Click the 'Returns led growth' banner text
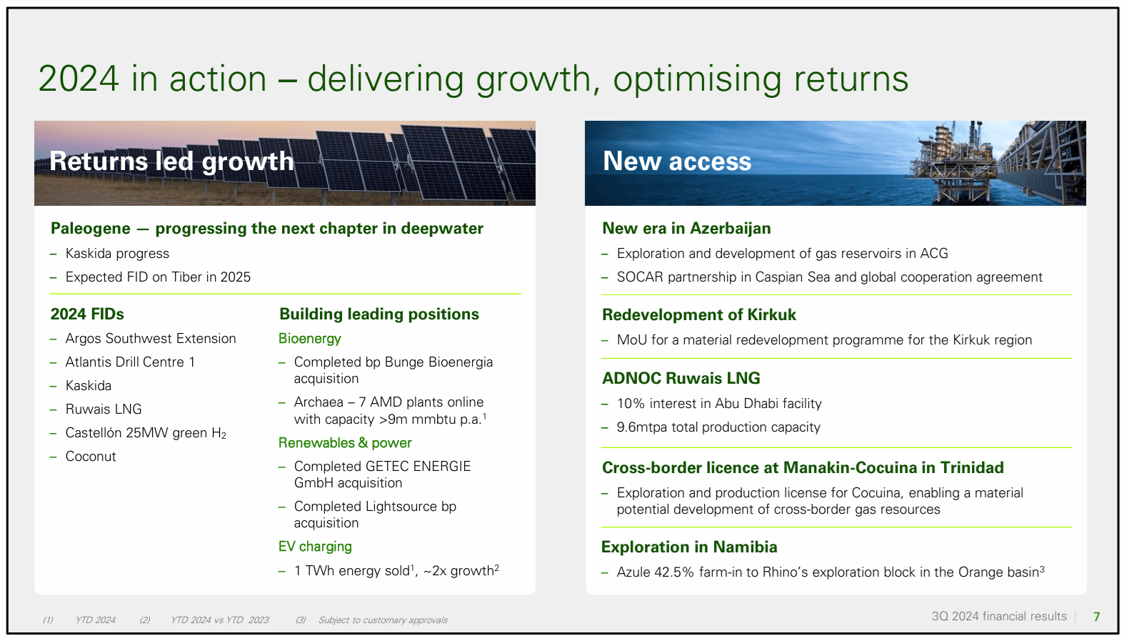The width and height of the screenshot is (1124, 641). click(171, 162)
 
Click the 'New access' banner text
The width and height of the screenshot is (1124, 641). click(676, 162)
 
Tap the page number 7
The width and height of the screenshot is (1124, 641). click(1096, 617)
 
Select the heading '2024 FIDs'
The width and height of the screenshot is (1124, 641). click(87, 314)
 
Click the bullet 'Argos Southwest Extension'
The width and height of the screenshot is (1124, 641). click(151, 339)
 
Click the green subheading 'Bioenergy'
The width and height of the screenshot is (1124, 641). click(310, 339)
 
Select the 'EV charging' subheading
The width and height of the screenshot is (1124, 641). click(315, 547)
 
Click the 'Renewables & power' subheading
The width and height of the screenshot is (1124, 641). click(345, 443)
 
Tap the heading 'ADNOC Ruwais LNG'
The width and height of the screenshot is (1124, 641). click(681, 379)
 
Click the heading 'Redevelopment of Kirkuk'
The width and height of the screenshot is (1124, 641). click(698, 315)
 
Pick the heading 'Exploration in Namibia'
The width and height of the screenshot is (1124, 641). click(689, 547)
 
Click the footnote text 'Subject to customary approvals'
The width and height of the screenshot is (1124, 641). click(383, 620)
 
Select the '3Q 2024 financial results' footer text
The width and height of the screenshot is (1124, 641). click(998, 617)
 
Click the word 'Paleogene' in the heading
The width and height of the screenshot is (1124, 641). click(91, 229)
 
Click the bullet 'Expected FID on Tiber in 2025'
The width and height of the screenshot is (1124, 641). click(158, 277)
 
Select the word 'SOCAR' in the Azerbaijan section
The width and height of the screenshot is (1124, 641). click(640, 277)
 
